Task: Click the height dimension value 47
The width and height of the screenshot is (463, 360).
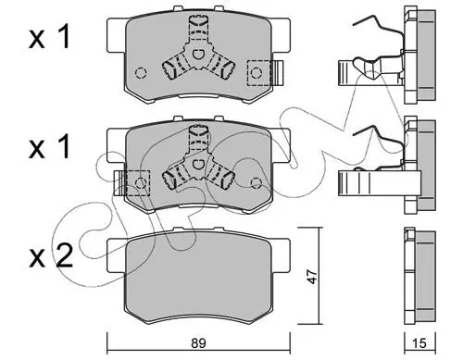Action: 313,276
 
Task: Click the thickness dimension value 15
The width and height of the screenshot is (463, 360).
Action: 419,343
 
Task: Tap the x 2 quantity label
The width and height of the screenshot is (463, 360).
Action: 51,255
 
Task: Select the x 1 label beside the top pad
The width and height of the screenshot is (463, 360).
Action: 49,37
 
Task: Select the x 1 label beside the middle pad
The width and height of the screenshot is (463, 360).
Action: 49,148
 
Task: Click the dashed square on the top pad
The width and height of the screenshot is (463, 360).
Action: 259,73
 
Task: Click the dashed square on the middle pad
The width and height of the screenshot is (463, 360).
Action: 138,183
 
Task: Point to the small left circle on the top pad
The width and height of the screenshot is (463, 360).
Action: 141,73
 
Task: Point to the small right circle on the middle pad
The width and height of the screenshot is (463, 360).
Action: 257,183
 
